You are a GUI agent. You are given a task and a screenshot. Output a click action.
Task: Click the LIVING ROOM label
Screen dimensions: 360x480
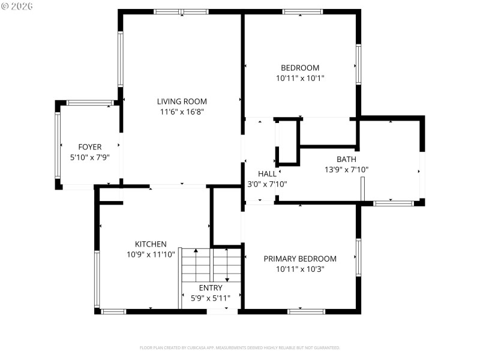pos(182,101)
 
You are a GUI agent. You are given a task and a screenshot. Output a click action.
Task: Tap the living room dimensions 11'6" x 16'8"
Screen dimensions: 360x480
pos(182,112)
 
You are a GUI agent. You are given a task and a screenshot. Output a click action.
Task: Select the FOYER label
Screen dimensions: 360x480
pos(90,147)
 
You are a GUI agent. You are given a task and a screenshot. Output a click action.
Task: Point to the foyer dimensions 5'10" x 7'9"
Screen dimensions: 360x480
pos(90,157)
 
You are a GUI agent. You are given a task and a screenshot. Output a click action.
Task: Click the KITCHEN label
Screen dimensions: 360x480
pos(150,244)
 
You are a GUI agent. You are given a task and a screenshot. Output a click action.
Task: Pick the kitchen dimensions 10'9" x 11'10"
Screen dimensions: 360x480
pos(150,254)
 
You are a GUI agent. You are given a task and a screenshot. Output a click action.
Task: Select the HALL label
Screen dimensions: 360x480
pos(267,174)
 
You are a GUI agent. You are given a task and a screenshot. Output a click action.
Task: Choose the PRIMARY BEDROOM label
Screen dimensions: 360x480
pos(300,259)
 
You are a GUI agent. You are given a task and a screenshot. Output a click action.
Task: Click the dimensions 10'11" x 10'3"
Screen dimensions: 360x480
pos(300,269)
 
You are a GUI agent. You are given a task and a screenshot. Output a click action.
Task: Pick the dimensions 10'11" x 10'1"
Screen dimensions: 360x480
pos(300,78)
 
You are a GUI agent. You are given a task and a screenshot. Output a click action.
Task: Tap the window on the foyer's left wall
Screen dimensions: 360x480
pos(58,145)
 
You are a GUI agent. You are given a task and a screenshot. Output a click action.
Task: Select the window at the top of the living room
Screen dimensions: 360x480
pos(181,11)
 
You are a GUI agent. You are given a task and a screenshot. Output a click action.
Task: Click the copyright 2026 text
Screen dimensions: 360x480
pos(17,6)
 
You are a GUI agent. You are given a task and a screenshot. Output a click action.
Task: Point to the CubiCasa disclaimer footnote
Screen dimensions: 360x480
pos(240,347)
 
